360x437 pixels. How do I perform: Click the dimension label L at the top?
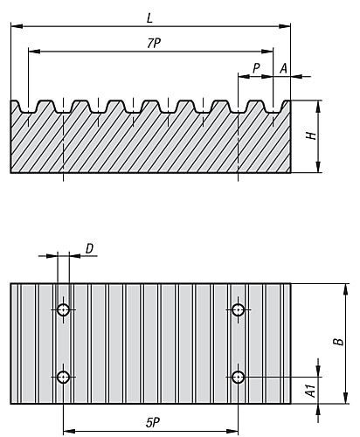click(x=150, y=17)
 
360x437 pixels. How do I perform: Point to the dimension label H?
click(x=309, y=135)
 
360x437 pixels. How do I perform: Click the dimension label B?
click(x=336, y=343)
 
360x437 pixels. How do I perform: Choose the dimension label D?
click(x=89, y=249)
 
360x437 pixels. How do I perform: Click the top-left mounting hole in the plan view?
click(x=64, y=310)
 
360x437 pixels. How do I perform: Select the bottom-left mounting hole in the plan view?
click(x=64, y=377)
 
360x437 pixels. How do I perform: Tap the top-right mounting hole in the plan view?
click(x=238, y=310)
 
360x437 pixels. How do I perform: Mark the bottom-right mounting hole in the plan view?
click(x=238, y=377)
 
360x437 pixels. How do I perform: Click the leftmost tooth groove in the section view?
click(x=29, y=109)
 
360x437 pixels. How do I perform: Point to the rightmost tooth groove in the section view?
click(x=273, y=109)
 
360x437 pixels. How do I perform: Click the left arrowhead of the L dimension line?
click(x=15, y=27)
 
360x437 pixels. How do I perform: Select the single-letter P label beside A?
click(x=255, y=67)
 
